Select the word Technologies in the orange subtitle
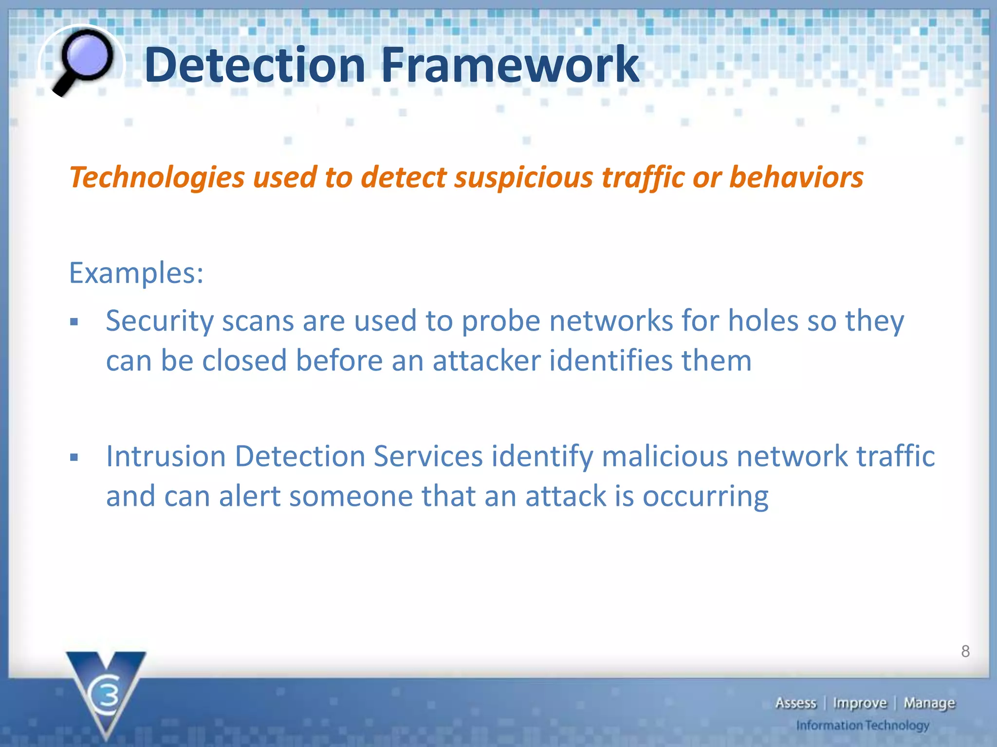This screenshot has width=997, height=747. pos(157,177)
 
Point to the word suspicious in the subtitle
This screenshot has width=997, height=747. pos(524,177)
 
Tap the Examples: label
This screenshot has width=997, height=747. pos(136,273)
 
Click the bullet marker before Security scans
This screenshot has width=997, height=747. pos(74,322)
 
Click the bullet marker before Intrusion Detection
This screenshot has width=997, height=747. pos(74,457)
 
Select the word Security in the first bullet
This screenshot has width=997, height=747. pos(160,321)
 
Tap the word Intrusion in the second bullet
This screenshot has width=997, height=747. pos(166,457)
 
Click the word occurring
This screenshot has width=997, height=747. pos(705,497)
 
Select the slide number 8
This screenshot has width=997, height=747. pos(965,651)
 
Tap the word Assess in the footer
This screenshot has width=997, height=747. pos(795,703)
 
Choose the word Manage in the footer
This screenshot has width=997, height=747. pos(929,703)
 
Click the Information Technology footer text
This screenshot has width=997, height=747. pos(863,726)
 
